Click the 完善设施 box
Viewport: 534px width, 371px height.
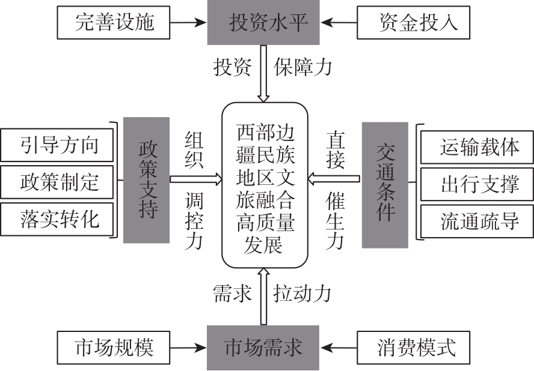tap(115, 23)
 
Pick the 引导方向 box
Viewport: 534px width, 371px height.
tap(58, 145)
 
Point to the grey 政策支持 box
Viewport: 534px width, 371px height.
tap(146, 179)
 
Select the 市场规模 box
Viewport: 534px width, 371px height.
tap(115, 348)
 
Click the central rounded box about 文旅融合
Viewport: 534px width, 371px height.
tap(265, 185)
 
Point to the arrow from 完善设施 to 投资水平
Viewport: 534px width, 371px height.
tap(189, 23)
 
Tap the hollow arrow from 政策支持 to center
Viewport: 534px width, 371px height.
tap(196, 178)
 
